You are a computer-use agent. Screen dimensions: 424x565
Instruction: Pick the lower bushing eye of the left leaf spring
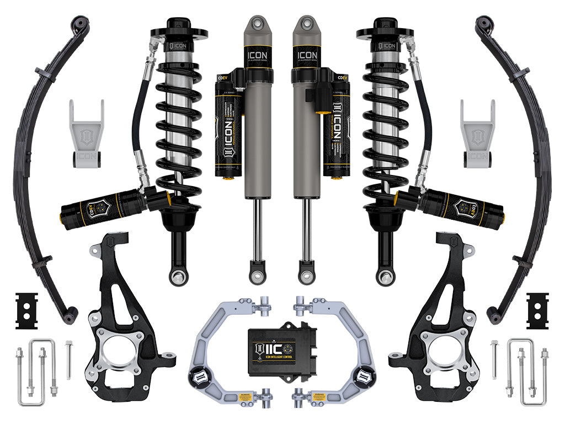[x=70, y=316]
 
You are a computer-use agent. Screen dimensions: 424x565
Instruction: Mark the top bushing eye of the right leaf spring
[x=483, y=23]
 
